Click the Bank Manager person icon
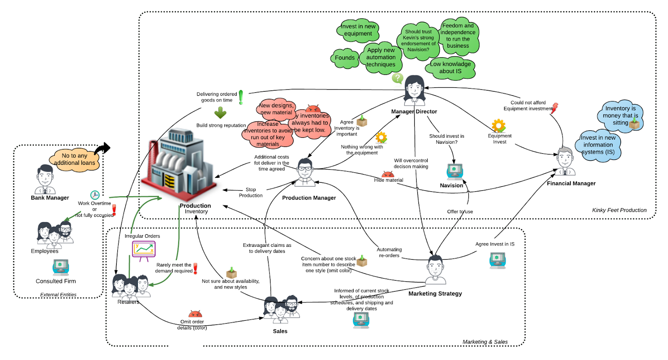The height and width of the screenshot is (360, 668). pos(45,179)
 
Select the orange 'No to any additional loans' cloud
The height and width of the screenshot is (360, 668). pos(75,160)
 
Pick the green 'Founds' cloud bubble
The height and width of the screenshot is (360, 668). pos(345,58)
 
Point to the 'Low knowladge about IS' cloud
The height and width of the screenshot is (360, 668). pos(450,68)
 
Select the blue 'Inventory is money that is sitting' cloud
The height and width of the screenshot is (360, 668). pos(620,116)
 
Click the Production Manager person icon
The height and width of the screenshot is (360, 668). pos(306,172)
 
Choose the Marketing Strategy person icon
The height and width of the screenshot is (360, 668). pos(435,269)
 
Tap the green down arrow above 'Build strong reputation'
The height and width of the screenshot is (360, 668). pos(220,113)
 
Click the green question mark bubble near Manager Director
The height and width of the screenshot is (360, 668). pos(397,78)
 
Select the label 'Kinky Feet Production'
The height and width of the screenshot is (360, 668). pos(619,210)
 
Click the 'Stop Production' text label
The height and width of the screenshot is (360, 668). pos(251,193)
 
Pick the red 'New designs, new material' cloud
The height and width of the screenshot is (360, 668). pos(276,109)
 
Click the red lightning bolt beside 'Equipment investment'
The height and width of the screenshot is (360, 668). pos(554,108)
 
